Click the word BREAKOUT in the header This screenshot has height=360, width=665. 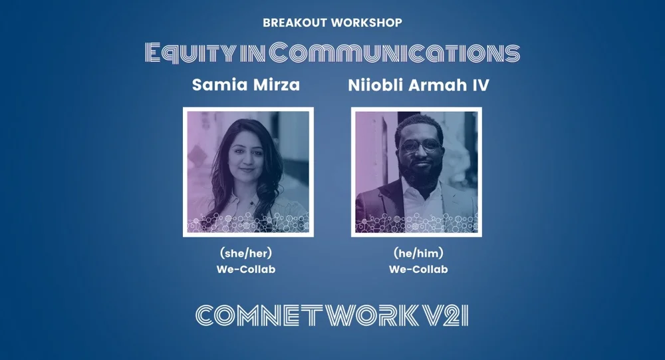pyautogui.click(x=294, y=23)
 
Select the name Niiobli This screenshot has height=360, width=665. pyautogui.click(x=378, y=86)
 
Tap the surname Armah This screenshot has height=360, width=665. pyautogui.click(x=443, y=86)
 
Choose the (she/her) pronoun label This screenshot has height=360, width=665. pyautogui.click(x=246, y=254)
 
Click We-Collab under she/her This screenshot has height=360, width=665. pyautogui.click(x=246, y=270)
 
